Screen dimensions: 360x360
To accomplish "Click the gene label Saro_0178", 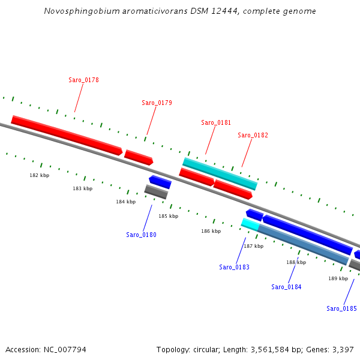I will tap(83, 80).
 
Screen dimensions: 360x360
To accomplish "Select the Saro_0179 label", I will tap(157, 103).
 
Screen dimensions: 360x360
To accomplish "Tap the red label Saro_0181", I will tap(216, 122).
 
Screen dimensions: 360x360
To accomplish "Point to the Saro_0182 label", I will tap(253, 135).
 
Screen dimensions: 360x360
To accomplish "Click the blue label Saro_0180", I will tap(141, 235).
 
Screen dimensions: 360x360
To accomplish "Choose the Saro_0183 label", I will tap(234, 267).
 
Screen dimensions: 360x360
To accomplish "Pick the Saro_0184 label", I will tap(286, 287).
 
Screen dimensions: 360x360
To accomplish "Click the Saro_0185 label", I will tap(341, 308).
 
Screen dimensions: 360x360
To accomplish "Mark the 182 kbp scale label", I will tap(40, 175).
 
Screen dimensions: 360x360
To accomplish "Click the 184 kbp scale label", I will tap(125, 202).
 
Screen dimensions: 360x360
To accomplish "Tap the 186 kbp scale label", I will tap(211, 231).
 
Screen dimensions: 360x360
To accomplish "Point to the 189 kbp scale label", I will tap(338, 278).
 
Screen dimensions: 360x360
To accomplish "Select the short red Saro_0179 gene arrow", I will tap(139, 157).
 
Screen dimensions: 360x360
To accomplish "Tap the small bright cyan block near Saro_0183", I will tap(250, 224).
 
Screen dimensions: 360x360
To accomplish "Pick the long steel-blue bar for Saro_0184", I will tap(303, 244).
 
